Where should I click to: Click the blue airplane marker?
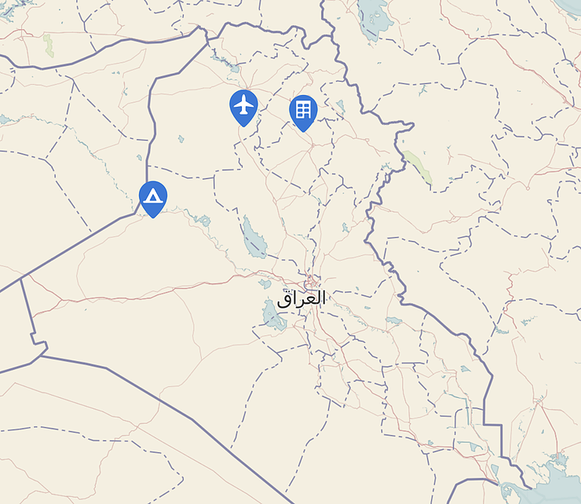pos(244,104)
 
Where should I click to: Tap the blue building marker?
pos(303,110)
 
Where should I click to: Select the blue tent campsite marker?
pos(152,195)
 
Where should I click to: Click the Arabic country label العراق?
pos(301,298)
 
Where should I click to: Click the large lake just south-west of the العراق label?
pos(272,316)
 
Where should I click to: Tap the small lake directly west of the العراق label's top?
pos(265,283)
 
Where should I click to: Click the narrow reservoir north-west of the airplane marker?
pos(227,64)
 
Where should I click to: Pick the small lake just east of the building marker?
pos(339,105)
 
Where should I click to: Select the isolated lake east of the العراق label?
pos(393,320)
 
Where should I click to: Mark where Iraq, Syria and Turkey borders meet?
pos(206,33)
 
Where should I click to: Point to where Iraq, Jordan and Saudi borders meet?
pos(41,356)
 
